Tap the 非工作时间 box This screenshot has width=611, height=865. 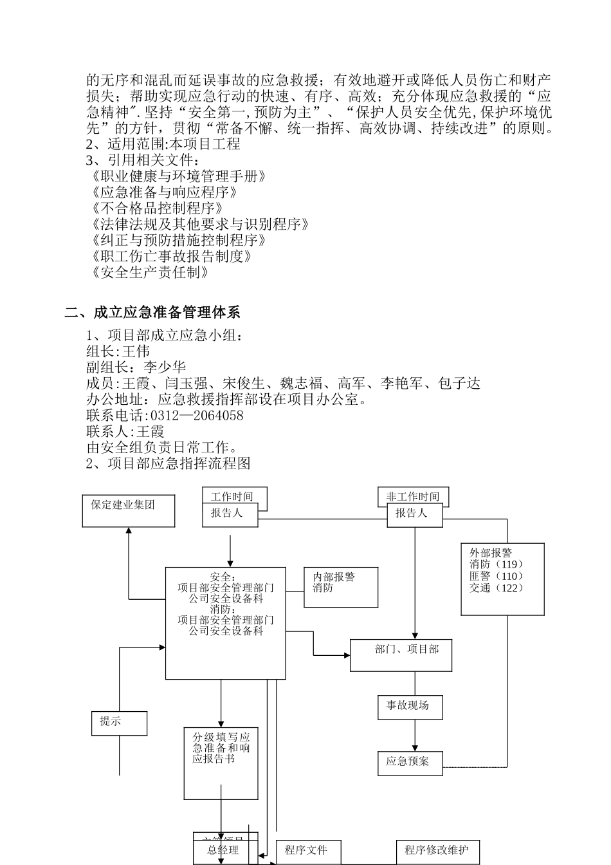pyautogui.click(x=413, y=496)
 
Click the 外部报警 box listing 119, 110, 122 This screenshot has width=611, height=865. pyautogui.click(x=502, y=579)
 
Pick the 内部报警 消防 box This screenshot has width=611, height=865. pyautogui.click(x=341, y=586)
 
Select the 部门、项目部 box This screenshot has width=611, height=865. pyautogui.click(x=401, y=655)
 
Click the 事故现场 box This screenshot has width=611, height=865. pyautogui.click(x=410, y=707)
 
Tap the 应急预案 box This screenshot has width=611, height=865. pyautogui.click(x=410, y=763)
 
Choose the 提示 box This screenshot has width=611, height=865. pyautogui.click(x=119, y=723)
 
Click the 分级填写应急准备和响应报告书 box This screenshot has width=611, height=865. pyautogui.click(x=221, y=763)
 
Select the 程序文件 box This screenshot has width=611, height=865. pyautogui.click(x=308, y=851)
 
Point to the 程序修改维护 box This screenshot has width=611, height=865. pyautogui.click(x=437, y=851)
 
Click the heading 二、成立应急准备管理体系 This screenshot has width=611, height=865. pyautogui.click(x=152, y=313)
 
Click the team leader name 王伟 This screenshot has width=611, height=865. pyautogui.click(x=136, y=351)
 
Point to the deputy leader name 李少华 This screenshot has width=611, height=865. pyautogui.click(x=164, y=367)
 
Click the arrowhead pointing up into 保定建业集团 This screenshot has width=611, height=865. pyautogui.click(x=129, y=531)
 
